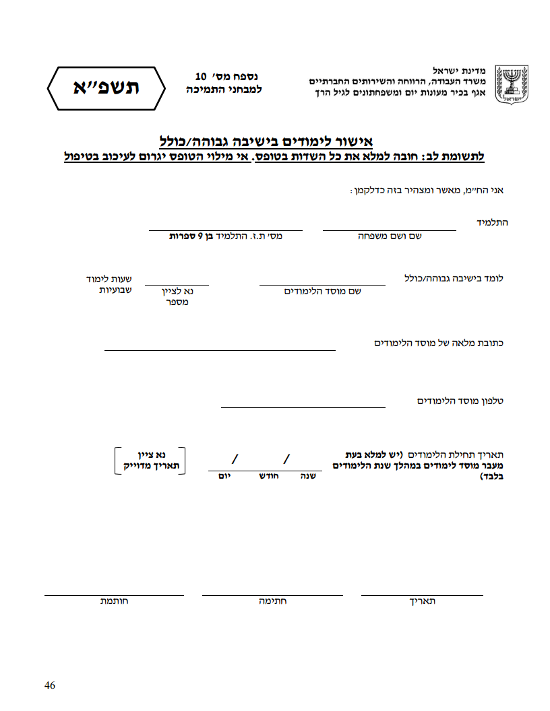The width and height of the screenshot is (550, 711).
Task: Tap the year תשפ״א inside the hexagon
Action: coord(106,88)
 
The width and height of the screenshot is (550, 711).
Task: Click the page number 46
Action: coord(49,685)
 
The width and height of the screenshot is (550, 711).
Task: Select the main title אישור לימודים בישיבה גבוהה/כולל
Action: coord(266,141)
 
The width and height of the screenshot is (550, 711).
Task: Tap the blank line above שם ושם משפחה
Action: coord(389,230)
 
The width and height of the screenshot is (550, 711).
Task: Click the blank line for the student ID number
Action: coord(225,230)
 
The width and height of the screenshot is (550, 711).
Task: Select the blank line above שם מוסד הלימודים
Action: coord(322,285)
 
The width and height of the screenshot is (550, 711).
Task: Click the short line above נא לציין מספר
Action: coord(177,285)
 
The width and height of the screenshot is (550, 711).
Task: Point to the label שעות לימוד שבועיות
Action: coord(109,284)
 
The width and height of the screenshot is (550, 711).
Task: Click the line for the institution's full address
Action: coord(220,349)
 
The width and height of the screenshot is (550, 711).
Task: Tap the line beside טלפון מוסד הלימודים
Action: coord(303,407)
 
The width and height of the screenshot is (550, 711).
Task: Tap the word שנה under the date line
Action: coord(308,476)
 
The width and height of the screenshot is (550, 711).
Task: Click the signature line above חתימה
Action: coord(272,595)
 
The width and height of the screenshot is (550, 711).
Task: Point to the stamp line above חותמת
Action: coord(114,595)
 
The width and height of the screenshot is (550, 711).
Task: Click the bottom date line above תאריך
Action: coord(422,595)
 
